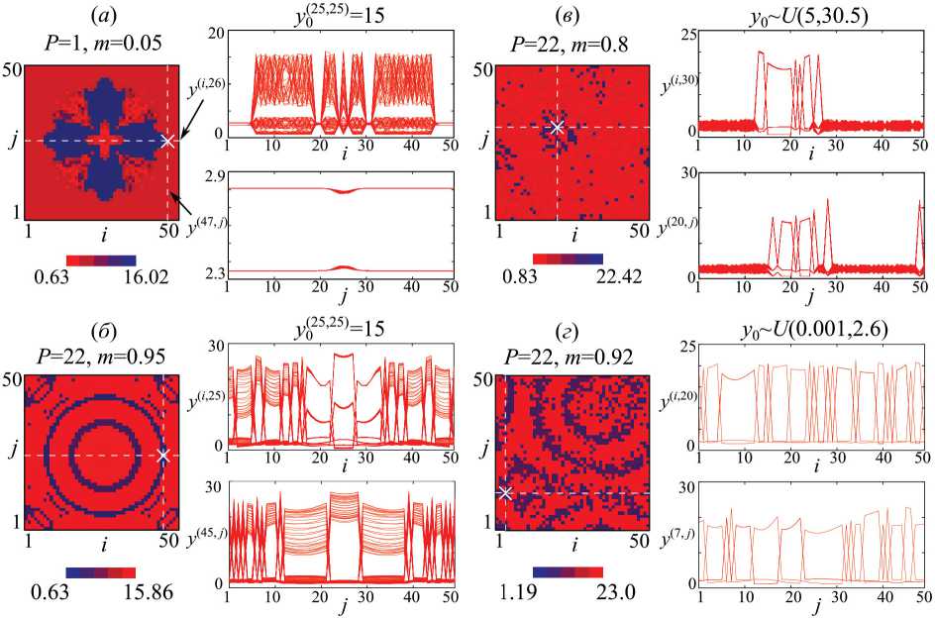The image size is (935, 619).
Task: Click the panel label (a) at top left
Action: (x=104, y=15)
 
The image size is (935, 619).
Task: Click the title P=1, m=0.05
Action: (x=103, y=40)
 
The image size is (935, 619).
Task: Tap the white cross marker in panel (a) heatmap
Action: (x=166, y=141)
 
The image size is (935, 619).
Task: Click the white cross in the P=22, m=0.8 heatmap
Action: (x=557, y=127)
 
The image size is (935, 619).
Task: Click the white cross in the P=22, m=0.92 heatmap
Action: (x=505, y=492)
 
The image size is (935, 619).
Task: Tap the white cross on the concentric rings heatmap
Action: (x=164, y=456)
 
